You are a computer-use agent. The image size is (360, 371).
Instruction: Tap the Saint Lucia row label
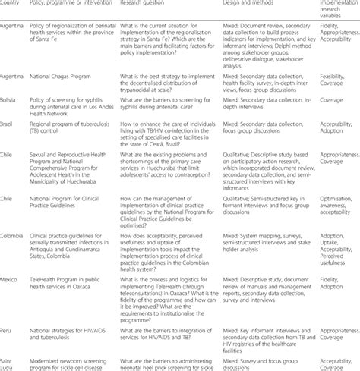[11, 359]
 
